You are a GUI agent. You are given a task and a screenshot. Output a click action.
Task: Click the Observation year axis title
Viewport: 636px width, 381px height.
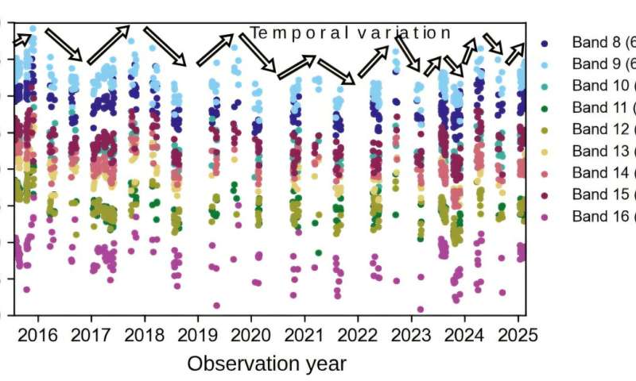(x=267, y=364)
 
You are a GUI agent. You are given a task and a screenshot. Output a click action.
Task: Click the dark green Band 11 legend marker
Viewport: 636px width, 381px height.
(x=545, y=107)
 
